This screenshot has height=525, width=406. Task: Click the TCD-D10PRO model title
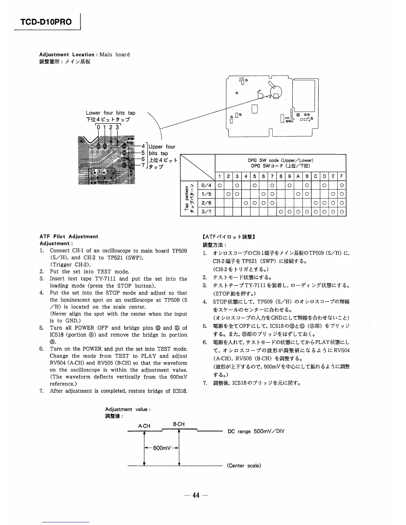(46, 22)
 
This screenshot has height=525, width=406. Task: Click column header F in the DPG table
(341, 177)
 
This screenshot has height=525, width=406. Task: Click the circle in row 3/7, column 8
(280, 211)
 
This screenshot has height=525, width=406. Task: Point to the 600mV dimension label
(162, 448)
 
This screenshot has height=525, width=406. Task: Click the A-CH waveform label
(144, 426)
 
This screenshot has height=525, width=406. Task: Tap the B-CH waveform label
(179, 424)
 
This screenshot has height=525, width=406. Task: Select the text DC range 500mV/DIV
(256, 431)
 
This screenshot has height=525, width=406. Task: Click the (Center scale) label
(244, 466)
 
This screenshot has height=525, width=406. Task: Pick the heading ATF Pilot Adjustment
(69, 236)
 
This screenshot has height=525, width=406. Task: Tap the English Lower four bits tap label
(110, 113)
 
